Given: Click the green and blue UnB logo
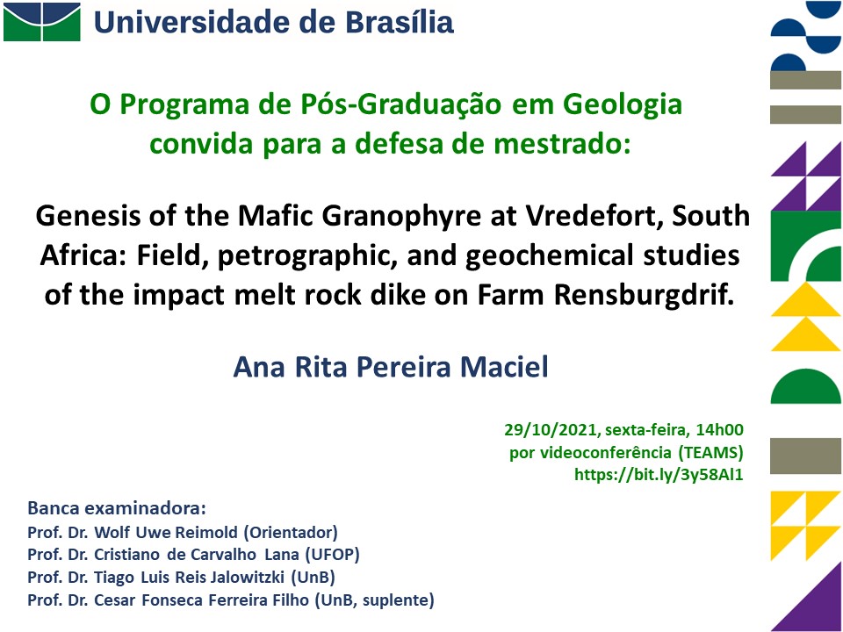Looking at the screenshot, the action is tap(42, 21).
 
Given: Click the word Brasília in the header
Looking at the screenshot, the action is tap(399, 22).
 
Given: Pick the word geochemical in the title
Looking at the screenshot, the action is tap(549, 256).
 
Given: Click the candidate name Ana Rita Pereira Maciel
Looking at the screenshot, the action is tap(391, 367).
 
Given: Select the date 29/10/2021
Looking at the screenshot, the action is tap(551, 430).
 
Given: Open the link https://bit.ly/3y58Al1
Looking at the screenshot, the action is tap(659, 475).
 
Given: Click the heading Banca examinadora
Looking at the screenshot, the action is tap(117, 508).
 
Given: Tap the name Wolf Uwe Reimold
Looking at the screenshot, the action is tap(166, 532).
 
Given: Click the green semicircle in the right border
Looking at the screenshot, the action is tap(805, 386).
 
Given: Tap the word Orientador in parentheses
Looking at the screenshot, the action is tap(291, 532).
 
